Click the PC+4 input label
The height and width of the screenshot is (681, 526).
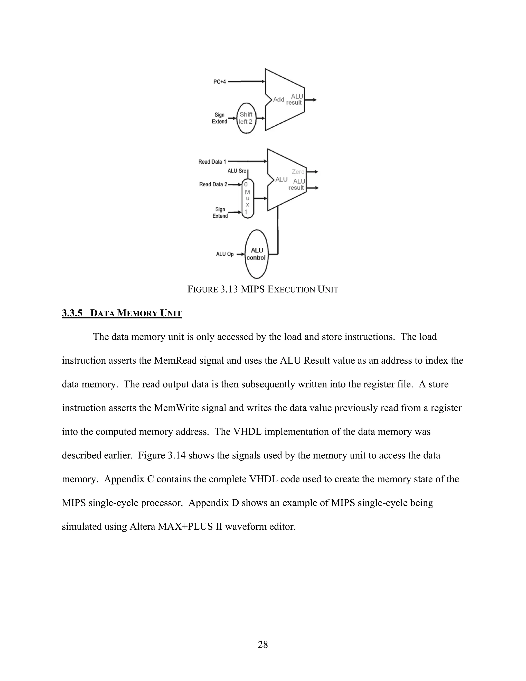coord(219,82)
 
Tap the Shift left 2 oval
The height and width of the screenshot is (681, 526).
coord(246,118)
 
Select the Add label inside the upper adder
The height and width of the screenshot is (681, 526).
coord(279,99)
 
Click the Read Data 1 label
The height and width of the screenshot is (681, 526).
coord(212,162)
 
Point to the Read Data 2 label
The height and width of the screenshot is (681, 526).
coord(213,184)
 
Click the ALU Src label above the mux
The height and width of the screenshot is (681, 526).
coord(237,171)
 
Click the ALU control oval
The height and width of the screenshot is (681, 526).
coord(256,254)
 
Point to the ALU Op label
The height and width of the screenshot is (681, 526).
coord(225,254)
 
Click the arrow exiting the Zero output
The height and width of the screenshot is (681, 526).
coord(312,171)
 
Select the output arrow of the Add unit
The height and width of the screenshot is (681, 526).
coord(311,100)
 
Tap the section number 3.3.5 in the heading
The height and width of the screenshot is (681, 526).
coord(72,313)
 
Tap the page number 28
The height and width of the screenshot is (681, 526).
coord(263,644)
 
